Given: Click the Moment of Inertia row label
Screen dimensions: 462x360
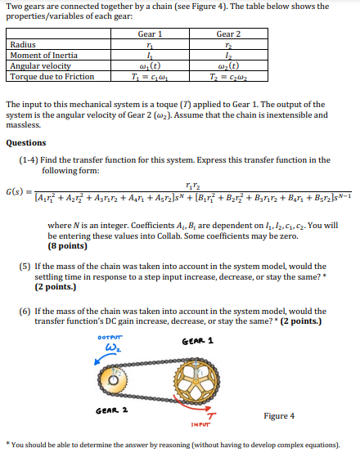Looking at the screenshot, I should pos(40,56).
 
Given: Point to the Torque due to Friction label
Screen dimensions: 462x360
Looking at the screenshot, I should pos(51,76).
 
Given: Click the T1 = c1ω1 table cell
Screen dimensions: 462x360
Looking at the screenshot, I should pos(150,76).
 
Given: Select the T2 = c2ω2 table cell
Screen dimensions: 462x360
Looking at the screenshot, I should pos(228,76).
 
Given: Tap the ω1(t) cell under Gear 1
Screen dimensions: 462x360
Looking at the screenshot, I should pos(150,65).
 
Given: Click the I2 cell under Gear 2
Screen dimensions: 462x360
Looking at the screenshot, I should pos(228,56).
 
